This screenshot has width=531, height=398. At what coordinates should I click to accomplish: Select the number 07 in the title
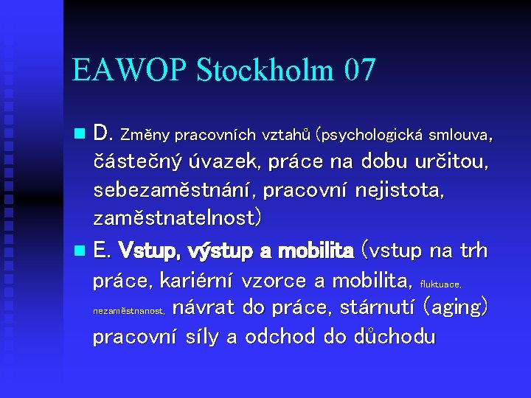point(359,71)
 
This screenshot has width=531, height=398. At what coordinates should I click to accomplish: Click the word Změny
point(145,135)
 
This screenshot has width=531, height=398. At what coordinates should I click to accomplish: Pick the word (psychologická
point(369,136)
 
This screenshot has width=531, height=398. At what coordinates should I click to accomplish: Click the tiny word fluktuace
point(440,283)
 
